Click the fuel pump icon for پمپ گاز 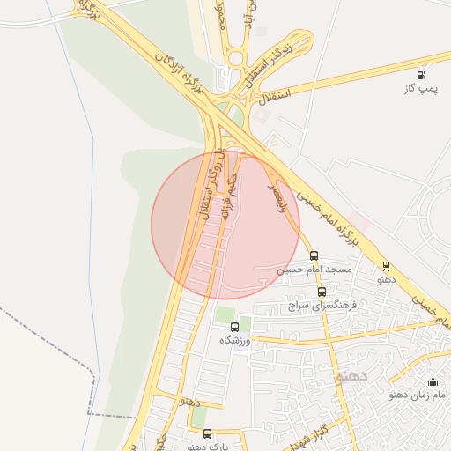[x=421, y=75]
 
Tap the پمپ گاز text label [x=420, y=89]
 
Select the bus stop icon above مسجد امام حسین [x=314, y=255]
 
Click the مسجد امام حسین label [x=314, y=270]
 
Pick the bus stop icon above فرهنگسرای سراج [x=322, y=292]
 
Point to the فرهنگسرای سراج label [x=321, y=306]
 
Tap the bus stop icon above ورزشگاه [x=233, y=327]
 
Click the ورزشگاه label [x=233, y=341]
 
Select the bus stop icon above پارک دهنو [x=208, y=433]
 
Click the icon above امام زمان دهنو [x=433, y=381]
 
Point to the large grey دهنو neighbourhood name [x=350, y=376]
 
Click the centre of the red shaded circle [x=225, y=225]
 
